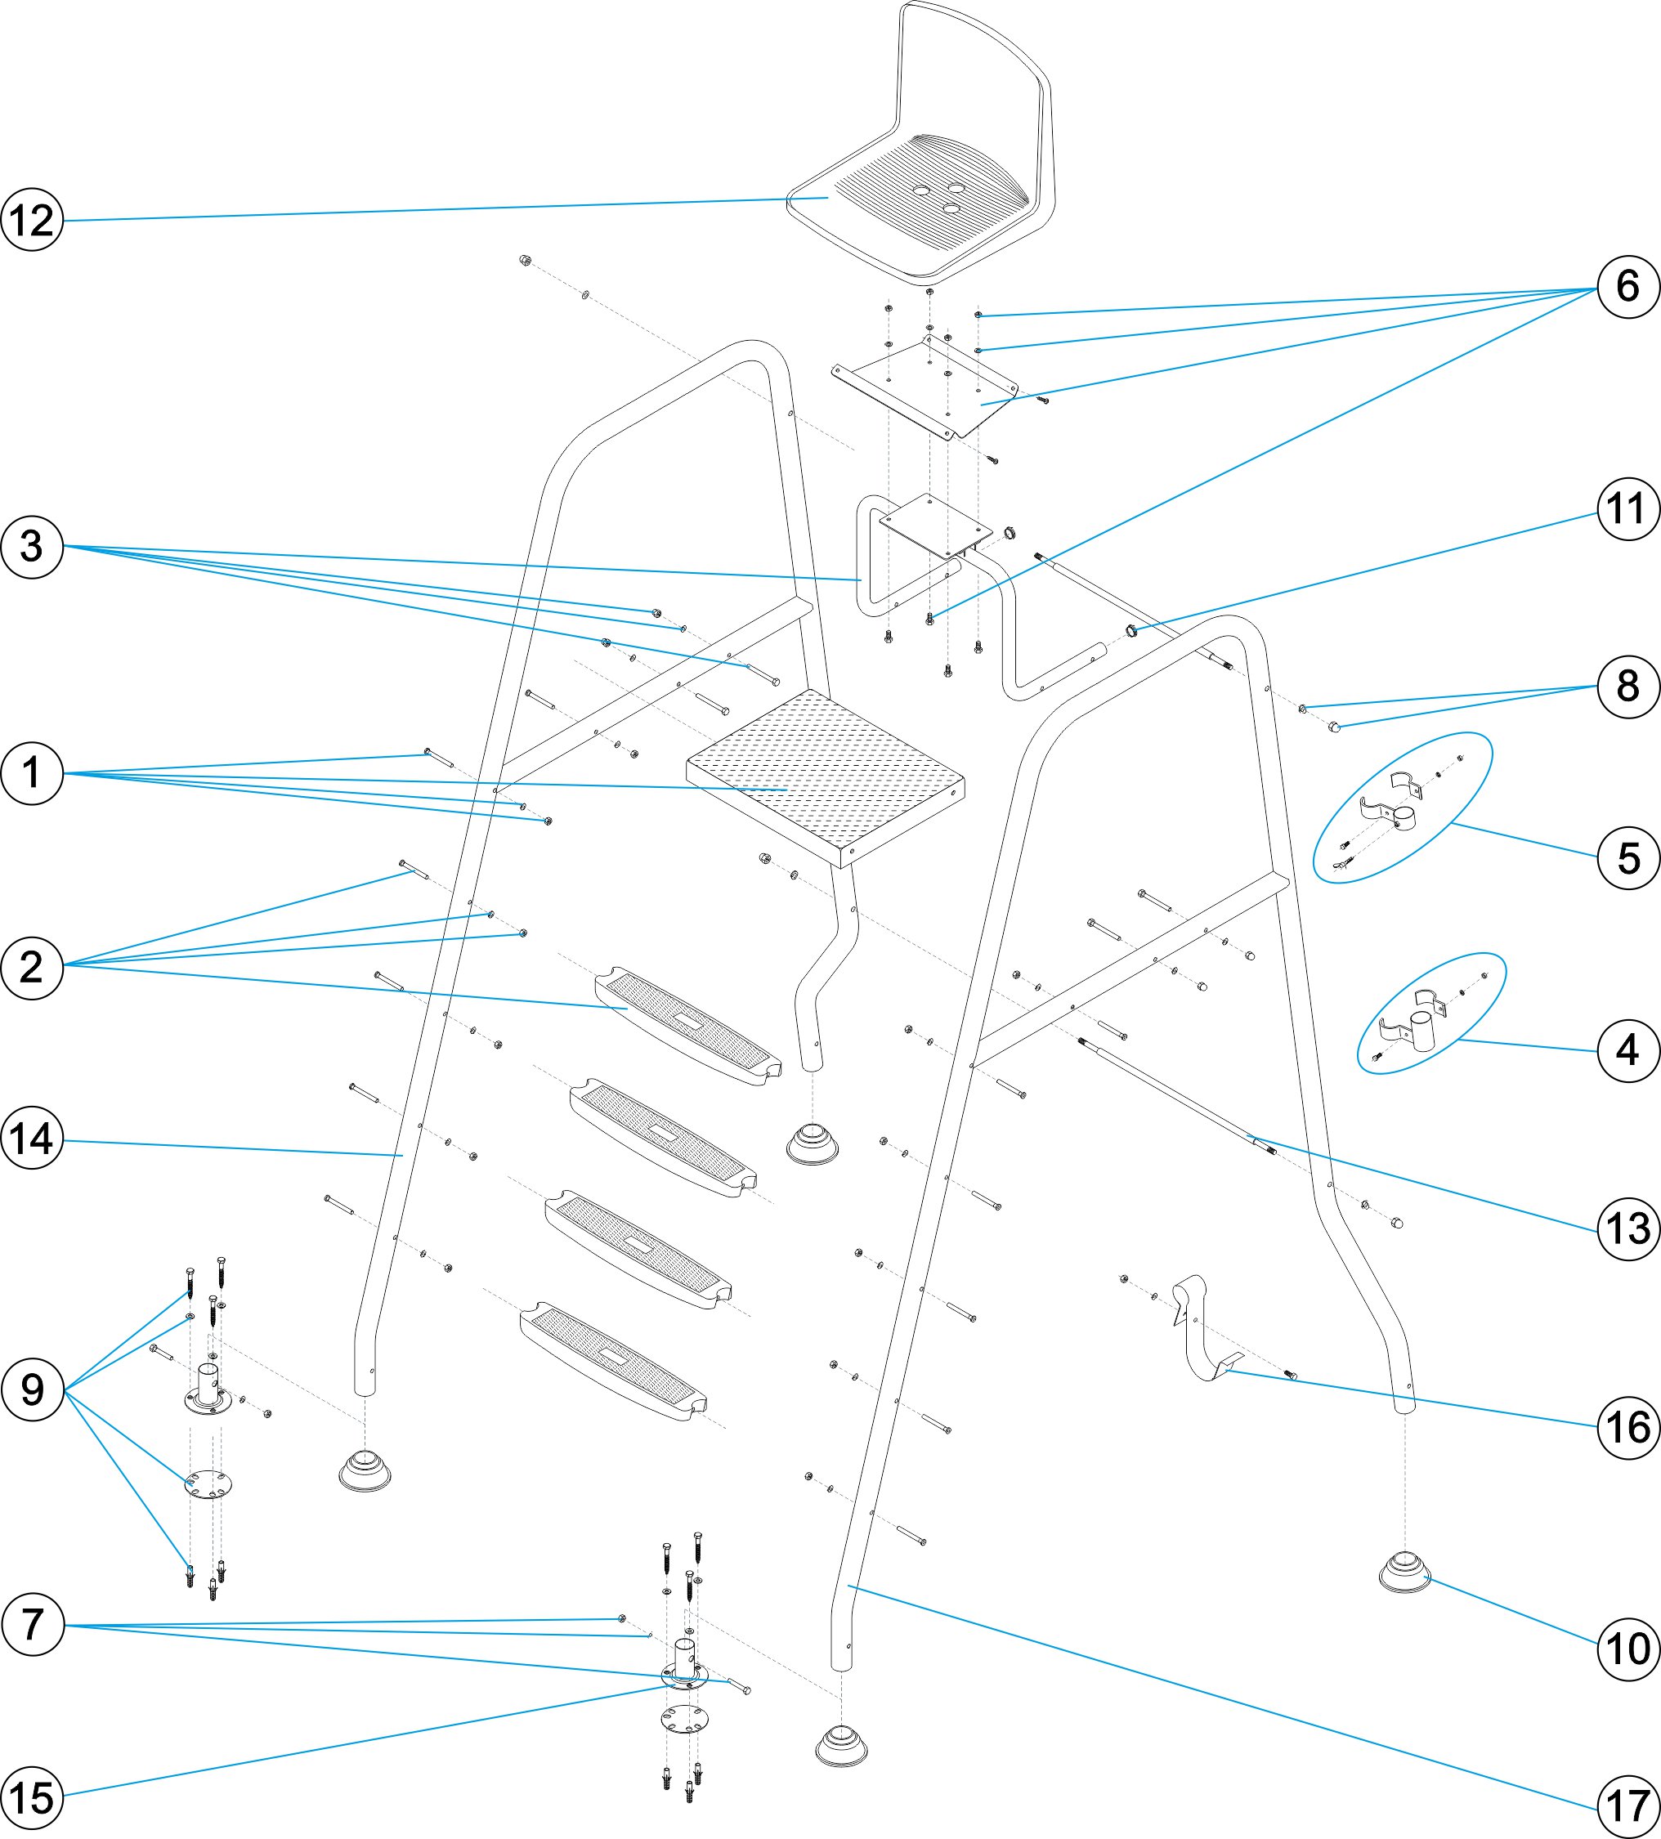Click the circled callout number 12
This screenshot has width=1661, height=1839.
coord(32,220)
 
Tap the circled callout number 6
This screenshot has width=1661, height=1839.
coord(1628,286)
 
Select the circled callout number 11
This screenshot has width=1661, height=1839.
coord(1628,509)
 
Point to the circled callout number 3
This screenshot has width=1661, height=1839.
coord(32,547)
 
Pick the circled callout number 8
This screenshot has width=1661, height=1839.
coord(1628,687)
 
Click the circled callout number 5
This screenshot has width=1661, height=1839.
coord(1628,858)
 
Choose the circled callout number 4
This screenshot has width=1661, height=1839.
coord(1628,1051)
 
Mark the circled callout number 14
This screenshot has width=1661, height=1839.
coord(32,1139)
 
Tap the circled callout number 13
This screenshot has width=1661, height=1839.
coord(1628,1228)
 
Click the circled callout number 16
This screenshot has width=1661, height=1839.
coord(1628,1428)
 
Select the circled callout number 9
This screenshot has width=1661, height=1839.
coord(32,1389)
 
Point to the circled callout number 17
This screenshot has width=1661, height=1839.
coord(1628,1805)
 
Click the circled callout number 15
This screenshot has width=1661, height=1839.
coord(32,1798)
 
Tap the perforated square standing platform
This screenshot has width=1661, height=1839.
coord(826,776)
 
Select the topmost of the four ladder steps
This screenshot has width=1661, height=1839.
coord(688,1027)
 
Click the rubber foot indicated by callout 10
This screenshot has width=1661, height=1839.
coord(1404,1571)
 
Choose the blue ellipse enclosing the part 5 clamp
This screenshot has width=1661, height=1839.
coord(1402,808)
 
